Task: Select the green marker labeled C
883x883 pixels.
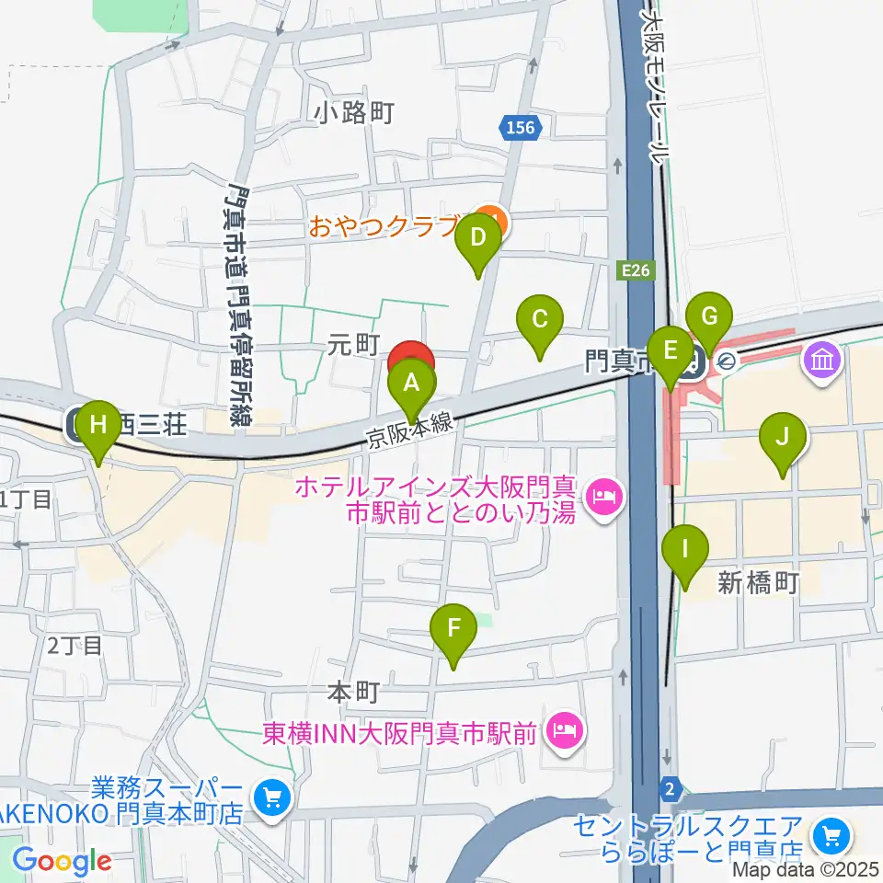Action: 540,322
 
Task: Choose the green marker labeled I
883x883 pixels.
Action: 685,552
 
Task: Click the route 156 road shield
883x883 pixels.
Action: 520,130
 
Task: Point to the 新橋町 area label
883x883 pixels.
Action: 757,582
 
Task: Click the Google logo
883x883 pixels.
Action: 62,862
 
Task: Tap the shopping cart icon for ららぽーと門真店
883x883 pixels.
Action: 832,835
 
